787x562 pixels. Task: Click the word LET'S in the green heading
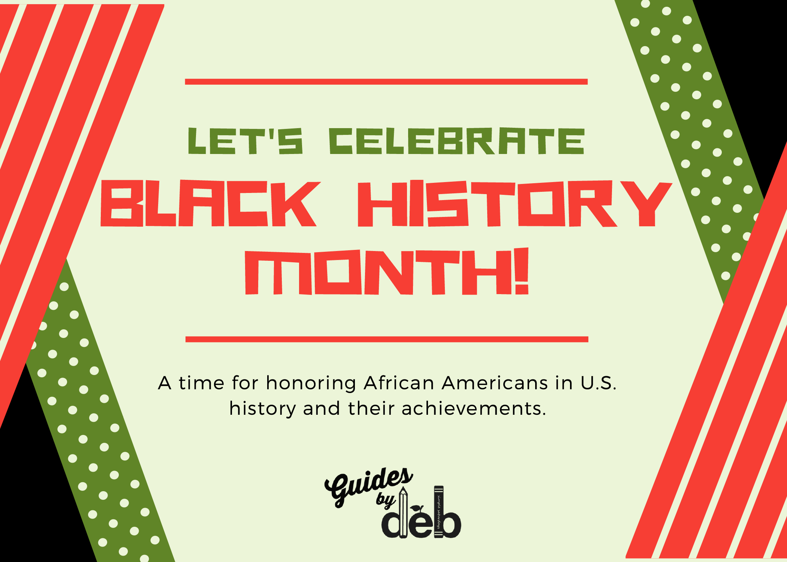point(245,141)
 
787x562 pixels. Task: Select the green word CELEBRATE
point(456,141)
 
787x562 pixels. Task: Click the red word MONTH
point(379,272)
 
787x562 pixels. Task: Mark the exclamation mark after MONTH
point(522,272)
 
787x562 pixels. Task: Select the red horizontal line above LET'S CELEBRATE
point(386,82)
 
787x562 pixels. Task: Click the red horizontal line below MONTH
point(386,339)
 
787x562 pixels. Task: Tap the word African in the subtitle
point(399,383)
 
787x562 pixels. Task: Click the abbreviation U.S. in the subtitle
point(598,383)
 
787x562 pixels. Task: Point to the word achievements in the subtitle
point(474,409)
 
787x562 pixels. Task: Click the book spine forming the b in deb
point(439,511)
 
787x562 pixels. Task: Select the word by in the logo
point(386,500)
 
